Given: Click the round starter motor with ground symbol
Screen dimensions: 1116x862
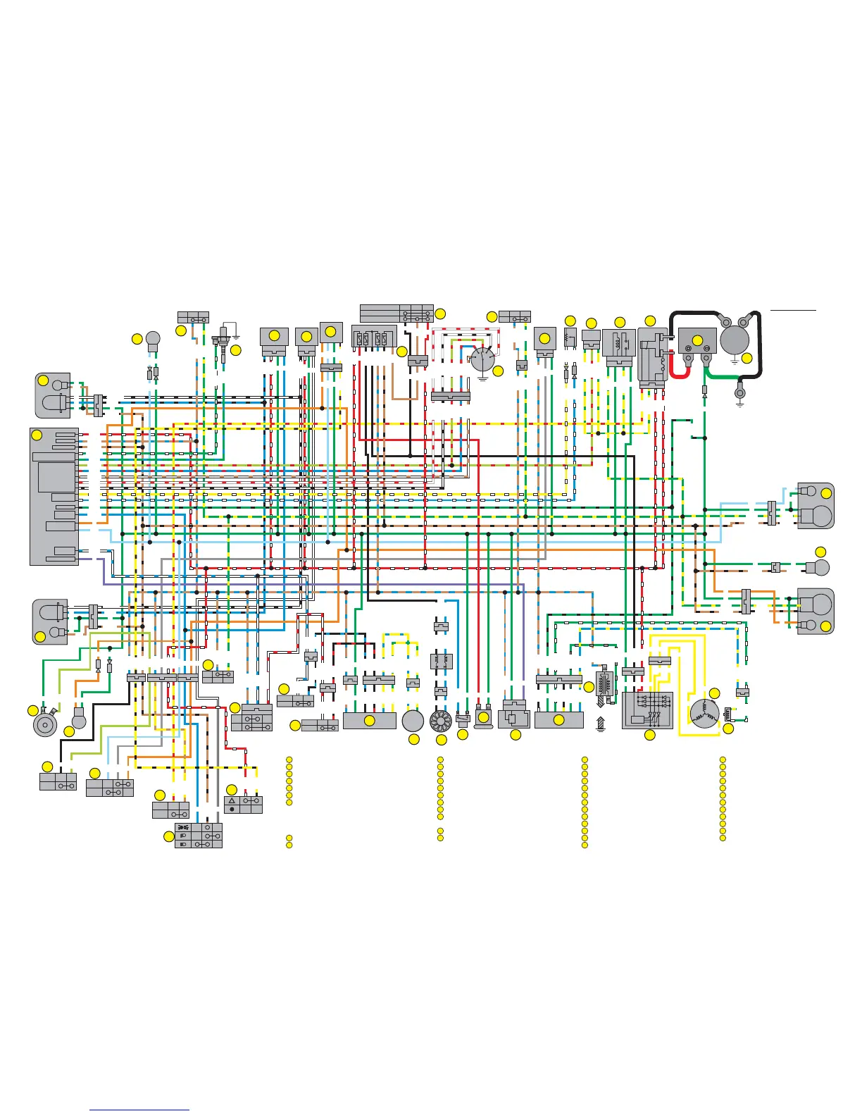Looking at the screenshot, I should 735,340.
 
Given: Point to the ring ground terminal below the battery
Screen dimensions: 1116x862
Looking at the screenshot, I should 739,394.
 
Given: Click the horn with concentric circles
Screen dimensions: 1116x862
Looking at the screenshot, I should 45,724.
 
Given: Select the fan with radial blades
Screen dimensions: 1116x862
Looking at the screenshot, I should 440,721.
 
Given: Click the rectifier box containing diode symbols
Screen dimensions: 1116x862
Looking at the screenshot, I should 648,709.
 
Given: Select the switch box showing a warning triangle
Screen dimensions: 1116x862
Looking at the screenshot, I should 243,805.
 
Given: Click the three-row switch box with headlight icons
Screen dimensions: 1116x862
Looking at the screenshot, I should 198,835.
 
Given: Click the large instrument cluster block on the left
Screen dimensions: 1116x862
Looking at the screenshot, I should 54,496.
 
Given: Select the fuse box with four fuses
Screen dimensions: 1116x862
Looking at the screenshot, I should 373,340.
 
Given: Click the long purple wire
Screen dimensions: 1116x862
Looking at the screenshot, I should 317,584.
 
